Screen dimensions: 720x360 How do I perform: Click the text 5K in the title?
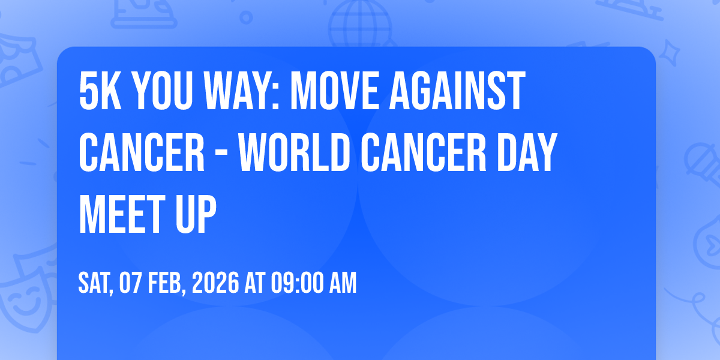tap(100, 91)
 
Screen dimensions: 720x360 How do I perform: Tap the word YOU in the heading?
tap(163, 91)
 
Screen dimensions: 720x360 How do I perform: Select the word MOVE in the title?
tap(334, 91)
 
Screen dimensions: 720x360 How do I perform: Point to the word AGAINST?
tap(457, 91)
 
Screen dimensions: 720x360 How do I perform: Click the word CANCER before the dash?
tap(142, 153)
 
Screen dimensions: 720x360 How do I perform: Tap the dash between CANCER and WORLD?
tap(221, 156)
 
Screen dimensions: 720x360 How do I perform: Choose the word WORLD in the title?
tap(294, 153)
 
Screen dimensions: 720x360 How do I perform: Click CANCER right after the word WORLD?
tap(424, 153)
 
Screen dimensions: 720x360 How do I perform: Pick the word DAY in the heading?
tap(527, 153)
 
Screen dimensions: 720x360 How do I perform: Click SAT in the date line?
tap(95, 283)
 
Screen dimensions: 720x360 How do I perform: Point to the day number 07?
tap(131, 283)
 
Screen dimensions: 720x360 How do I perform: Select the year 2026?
tap(215, 283)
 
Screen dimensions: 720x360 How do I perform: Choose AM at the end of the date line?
tap(343, 283)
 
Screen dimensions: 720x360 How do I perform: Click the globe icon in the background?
tap(361, 24)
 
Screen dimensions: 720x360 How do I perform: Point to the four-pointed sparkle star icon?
tap(670, 53)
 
